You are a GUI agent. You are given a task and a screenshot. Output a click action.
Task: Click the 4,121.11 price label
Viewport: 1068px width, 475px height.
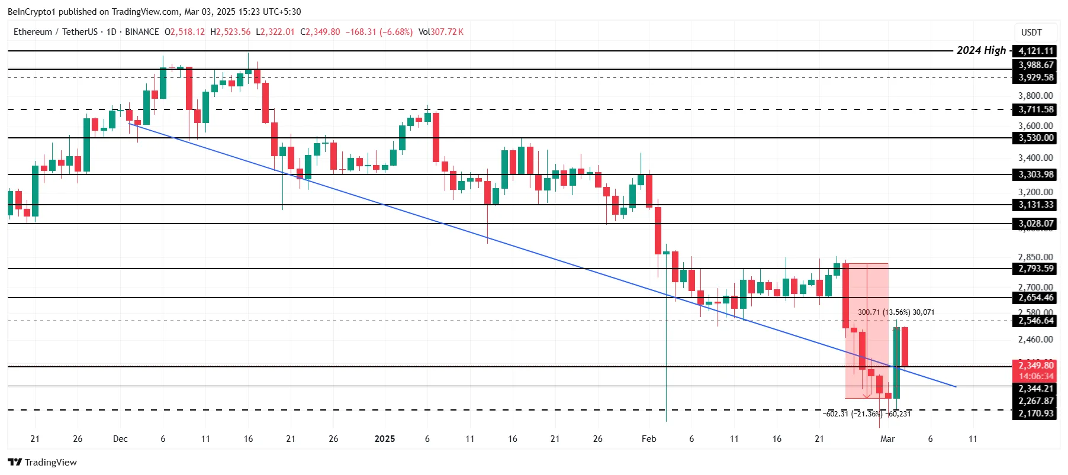(x=1035, y=51)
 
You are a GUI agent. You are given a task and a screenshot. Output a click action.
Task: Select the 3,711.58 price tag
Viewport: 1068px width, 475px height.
(x=1035, y=109)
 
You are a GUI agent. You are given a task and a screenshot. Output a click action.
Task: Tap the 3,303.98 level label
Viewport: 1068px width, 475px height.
(x=1035, y=175)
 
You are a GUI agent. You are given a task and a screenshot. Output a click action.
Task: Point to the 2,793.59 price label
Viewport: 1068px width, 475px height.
(x=1035, y=269)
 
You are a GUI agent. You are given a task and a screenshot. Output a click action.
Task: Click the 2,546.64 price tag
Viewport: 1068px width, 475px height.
(x=1035, y=321)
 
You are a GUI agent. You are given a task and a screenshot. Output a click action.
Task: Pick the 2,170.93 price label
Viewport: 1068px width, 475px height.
(x=1035, y=413)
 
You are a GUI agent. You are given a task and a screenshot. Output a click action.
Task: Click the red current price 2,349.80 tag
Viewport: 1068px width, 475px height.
(x=1035, y=366)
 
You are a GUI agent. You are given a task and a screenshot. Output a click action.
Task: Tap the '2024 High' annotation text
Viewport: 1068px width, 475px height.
(x=981, y=50)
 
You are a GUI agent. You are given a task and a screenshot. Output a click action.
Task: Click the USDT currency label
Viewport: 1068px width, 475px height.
(x=1031, y=33)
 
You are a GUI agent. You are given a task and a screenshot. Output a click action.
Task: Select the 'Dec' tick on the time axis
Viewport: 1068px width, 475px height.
(x=120, y=439)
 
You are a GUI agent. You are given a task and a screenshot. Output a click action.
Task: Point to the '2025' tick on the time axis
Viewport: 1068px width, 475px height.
(x=385, y=439)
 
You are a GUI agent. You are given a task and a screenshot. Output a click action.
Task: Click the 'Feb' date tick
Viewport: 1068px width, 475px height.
(x=649, y=439)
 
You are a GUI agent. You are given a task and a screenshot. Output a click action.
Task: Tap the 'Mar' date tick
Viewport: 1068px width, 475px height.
(x=887, y=439)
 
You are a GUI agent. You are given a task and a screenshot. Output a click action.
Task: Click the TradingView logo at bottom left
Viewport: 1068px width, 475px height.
(x=42, y=463)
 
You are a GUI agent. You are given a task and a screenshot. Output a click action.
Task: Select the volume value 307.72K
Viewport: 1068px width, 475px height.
(x=447, y=32)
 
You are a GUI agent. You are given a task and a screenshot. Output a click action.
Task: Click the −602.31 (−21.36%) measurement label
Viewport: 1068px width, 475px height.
(x=853, y=414)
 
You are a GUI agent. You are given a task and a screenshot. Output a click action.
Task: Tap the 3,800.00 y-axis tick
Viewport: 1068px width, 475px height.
(x=1035, y=96)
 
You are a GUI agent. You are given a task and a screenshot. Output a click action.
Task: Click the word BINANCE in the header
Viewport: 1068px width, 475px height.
(x=142, y=32)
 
